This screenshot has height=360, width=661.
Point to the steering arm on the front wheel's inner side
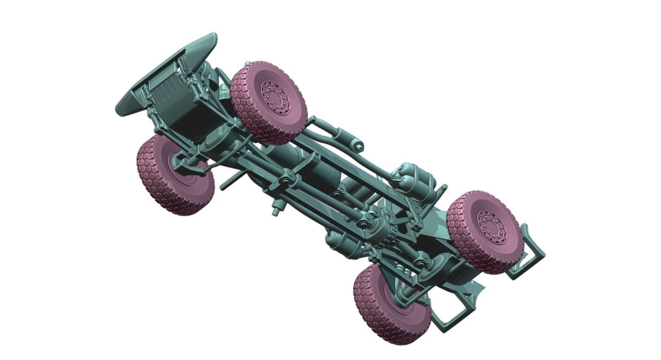(191, 164)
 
